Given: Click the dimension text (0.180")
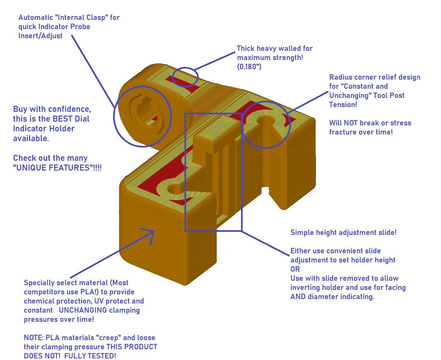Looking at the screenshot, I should point(249,67).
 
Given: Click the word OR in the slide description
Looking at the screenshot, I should point(295,269).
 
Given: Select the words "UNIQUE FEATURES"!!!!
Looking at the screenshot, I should point(57,168).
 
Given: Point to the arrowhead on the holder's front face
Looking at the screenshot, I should point(151,234).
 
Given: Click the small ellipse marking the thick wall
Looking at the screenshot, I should point(185,77).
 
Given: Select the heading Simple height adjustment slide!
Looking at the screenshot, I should point(343,233).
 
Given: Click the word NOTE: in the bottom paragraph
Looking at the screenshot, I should point(33,338).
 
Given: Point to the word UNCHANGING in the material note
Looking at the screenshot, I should point(83,310).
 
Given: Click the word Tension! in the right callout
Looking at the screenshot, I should point(343,105).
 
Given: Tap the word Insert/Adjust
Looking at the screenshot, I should point(40,36).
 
